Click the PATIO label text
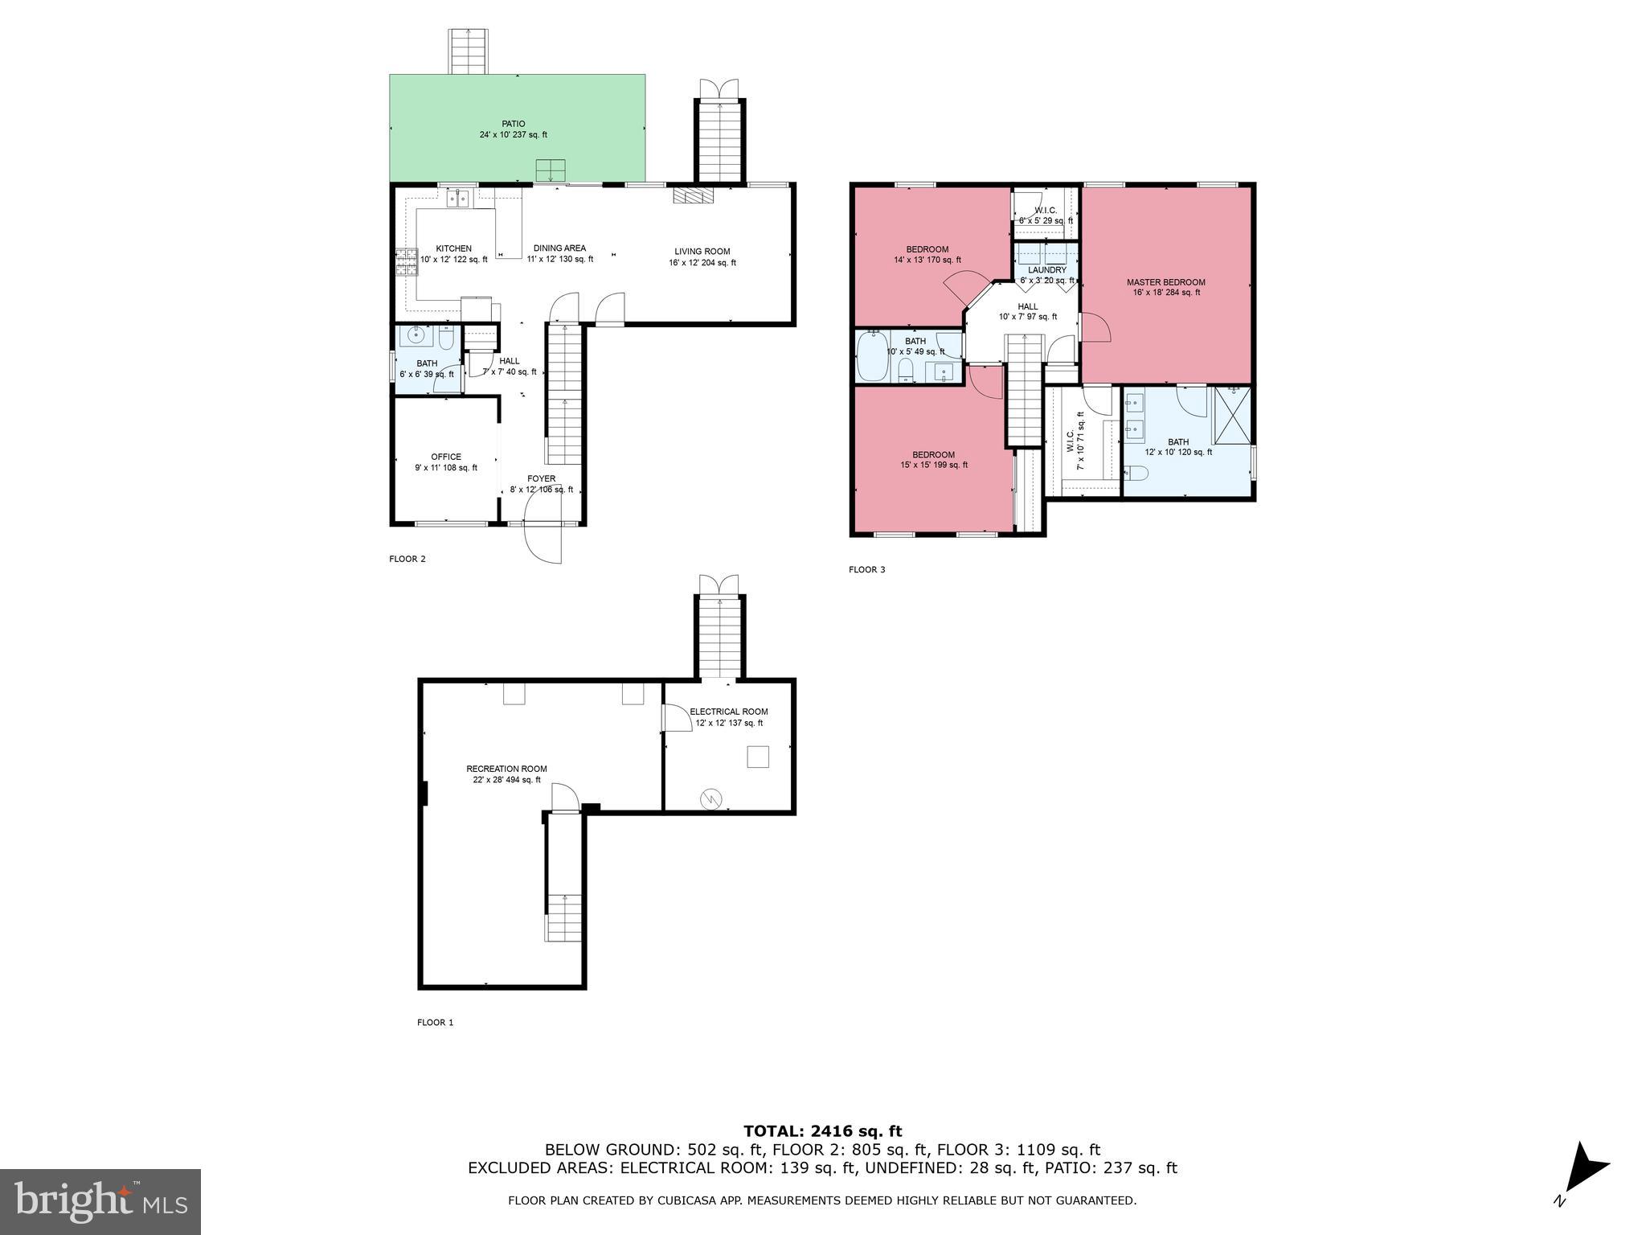tap(514, 124)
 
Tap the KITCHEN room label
tap(453, 248)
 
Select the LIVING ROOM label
tap(702, 252)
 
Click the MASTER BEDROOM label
tap(1165, 282)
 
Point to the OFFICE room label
tap(446, 457)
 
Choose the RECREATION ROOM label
tap(506, 769)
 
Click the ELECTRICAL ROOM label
tap(728, 712)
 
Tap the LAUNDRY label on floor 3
tap(1046, 270)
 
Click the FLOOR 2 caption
tap(407, 559)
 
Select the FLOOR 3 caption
tap(866, 570)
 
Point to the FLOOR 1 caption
tap(435, 1023)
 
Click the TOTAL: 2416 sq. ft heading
tap(822, 1131)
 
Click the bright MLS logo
tap(100, 1201)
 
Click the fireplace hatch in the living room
tap(692, 197)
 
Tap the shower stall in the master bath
tap(1231, 414)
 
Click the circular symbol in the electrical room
tap(711, 798)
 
